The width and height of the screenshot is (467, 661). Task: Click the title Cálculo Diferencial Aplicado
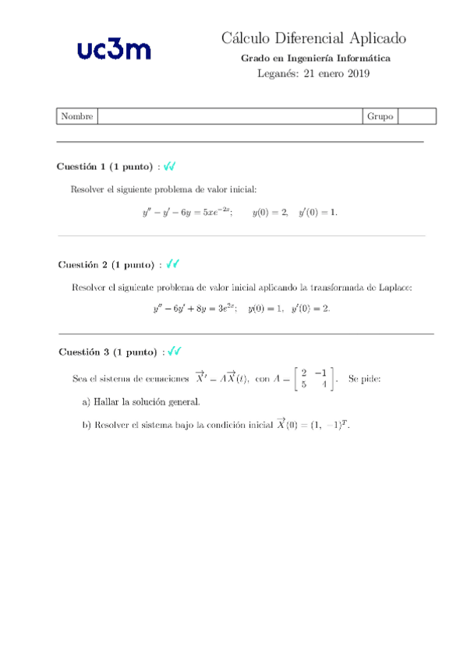313,38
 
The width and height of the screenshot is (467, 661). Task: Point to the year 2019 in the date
357,74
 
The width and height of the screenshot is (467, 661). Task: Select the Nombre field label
76,116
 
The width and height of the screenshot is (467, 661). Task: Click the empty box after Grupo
416,116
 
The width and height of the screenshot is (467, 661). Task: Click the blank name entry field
229,116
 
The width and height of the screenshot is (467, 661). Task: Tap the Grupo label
380,116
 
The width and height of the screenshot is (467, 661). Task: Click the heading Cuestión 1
105,167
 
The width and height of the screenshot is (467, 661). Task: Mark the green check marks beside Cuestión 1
169,166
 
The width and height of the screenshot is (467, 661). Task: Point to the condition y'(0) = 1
318,212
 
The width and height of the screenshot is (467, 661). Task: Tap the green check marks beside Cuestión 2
173,264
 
